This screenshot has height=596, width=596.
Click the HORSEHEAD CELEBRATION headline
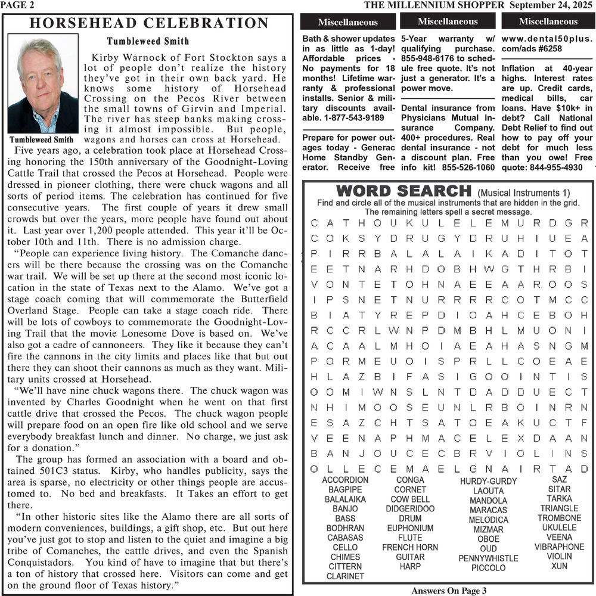pyautogui.click(x=149, y=24)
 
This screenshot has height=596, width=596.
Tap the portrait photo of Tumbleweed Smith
pyautogui.click(x=42, y=84)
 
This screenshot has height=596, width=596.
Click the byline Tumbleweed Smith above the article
pyautogui.click(x=148, y=42)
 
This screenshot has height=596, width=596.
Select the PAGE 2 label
pyautogui.click(x=17, y=5)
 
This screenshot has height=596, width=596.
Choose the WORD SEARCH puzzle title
pyautogui.click(x=403, y=192)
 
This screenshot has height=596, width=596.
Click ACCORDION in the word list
pyautogui.click(x=345, y=480)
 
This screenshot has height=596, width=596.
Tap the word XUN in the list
pyautogui.click(x=559, y=566)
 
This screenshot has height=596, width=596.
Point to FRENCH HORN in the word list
pyautogui.click(x=410, y=548)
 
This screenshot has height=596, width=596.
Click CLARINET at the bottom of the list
pyautogui.click(x=345, y=576)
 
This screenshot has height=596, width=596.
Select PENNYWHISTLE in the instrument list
pyautogui.click(x=488, y=558)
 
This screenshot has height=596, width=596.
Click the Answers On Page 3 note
pyautogui.click(x=449, y=591)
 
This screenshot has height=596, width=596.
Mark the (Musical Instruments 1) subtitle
pyautogui.click(x=523, y=193)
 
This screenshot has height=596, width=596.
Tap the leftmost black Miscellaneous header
pyautogui.click(x=347, y=22)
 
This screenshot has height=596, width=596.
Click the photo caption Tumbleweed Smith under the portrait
pyautogui.click(x=41, y=141)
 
